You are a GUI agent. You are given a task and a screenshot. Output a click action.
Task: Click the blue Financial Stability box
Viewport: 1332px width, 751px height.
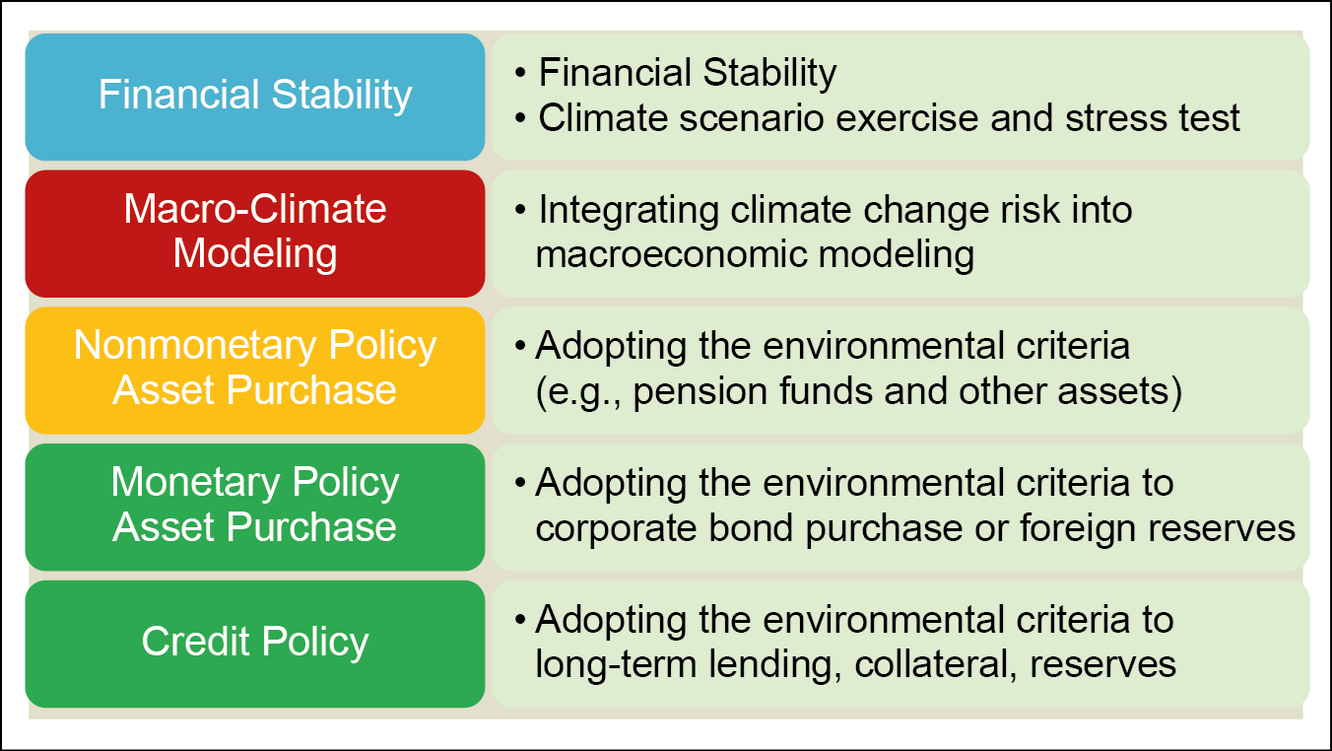pos(255,97)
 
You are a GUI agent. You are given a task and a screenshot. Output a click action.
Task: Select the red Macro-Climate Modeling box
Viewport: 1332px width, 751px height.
pos(255,234)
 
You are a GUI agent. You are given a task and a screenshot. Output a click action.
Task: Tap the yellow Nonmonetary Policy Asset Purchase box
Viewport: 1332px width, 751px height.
pos(255,371)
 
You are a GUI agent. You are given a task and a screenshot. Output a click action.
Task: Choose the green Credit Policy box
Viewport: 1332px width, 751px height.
pos(255,644)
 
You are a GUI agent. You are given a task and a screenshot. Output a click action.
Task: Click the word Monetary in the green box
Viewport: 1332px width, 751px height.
pos(195,483)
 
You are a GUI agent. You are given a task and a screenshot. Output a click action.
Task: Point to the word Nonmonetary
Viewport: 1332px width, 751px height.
pos(195,346)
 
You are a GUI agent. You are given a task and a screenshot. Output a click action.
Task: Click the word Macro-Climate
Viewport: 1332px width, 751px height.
pos(255,210)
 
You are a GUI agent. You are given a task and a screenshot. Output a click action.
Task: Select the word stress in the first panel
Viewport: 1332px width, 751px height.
pos(1117,118)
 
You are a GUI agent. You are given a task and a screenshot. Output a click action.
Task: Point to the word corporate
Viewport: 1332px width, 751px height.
pos(616,528)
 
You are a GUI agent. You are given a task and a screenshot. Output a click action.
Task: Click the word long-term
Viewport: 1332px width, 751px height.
pos(616,666)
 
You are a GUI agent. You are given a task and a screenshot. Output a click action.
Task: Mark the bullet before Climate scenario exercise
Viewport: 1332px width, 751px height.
pos(521,118)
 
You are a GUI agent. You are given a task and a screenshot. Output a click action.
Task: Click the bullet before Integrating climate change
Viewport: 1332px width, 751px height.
pos(521,210)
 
